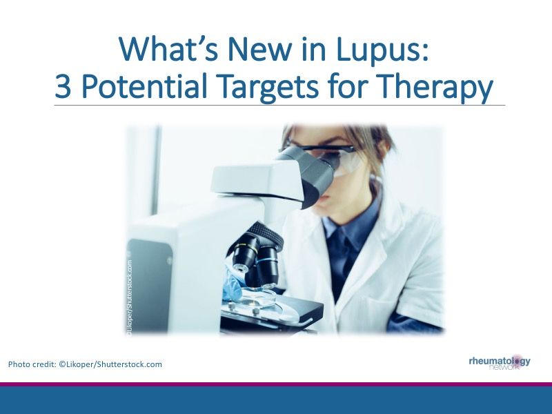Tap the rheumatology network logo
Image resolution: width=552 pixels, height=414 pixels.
point(500,362)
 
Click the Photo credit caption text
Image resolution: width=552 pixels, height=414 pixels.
point(85,364)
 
